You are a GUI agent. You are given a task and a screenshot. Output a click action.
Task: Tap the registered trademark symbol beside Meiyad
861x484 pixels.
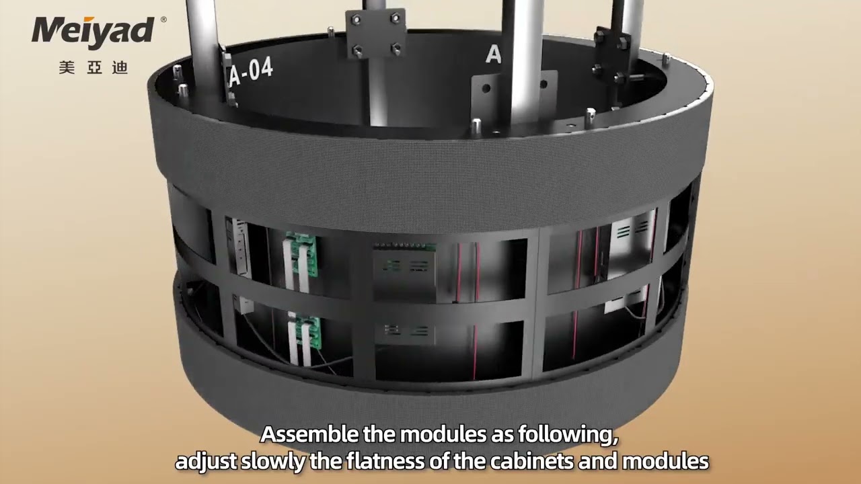(x=163, y=20)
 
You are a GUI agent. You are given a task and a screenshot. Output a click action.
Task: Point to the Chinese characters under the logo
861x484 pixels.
(x=93, y=68)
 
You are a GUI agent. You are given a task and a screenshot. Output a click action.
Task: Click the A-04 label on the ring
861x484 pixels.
(x=250, y=72)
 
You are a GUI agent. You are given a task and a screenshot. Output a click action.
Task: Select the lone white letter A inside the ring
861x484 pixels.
(x=493, y=54)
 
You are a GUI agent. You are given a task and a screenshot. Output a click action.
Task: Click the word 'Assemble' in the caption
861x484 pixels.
(x=309, y=434)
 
